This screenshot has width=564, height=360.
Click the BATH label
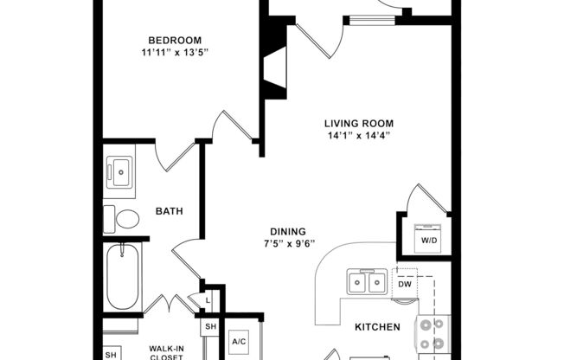tap(168, 210)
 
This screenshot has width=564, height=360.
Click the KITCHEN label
tap(377, 327)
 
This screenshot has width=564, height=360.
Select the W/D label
tap(429, 240)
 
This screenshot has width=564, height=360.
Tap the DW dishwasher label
tap(405, 284)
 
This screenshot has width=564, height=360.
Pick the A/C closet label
tap(240, 343)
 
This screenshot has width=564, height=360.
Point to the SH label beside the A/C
tap(210, 326)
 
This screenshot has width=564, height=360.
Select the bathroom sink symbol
tap(119, 172)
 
